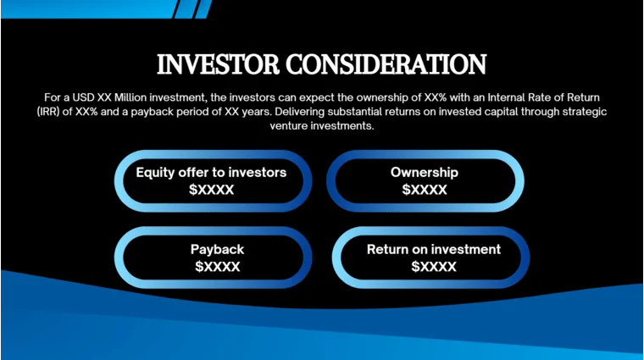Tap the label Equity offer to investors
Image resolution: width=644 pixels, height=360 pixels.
[x=211, y=173]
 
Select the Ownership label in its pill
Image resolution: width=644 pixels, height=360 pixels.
[x=424, y=173]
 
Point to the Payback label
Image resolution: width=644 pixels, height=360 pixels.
[x=217, y=250]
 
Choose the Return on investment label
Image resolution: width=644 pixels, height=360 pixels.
[x=433, y=250]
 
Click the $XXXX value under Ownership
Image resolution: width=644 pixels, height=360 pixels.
[x=424, y=190]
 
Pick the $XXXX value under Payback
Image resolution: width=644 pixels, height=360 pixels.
[x=217, y=267]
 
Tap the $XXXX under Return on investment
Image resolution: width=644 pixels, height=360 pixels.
[x=433, y=267]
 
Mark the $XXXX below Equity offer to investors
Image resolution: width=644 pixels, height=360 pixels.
[x=211, y=190]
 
